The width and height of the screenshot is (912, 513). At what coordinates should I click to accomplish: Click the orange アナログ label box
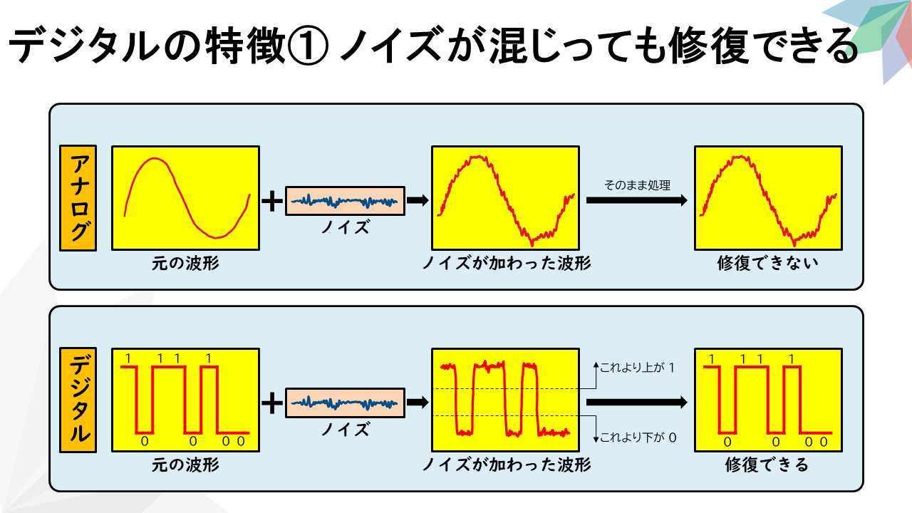tap(78, 198)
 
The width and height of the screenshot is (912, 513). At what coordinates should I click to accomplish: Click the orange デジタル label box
tap(78, 400)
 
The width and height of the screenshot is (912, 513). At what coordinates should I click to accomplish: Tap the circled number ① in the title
tap(308, 46)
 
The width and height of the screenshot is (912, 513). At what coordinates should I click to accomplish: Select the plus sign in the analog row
tap(272, 201)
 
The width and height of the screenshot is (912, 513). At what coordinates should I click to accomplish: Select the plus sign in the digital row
tap(272, 403)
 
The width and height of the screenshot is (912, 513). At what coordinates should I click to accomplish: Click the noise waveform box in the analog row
tap(345, 201)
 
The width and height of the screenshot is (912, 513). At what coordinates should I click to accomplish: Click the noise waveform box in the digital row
tap(345, 403)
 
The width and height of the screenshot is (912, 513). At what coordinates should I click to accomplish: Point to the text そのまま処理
tap(637, 185)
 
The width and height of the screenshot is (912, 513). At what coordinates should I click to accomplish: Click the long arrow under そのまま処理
tap(637, 200)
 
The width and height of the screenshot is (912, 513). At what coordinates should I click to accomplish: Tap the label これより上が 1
tap(638, 368)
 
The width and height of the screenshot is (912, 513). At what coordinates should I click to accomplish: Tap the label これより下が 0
tap(638, 437)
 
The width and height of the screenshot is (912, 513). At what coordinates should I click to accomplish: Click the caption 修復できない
tap(768, 263)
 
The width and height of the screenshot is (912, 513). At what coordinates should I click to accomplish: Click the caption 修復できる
tap(767, 465)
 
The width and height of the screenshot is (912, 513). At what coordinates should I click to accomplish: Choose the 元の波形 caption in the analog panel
tap(185, 263)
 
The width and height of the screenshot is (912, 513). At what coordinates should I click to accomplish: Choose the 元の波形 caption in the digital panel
tap(185, 465)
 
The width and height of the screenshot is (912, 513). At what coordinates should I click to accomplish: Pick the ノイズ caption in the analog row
tap(346, 227)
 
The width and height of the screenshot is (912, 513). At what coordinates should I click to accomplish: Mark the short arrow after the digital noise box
tap(418, 403)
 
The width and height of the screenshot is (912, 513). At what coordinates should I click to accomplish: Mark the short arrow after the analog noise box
tap(418, 200)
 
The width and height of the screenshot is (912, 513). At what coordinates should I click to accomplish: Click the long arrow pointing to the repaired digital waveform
tap(637, 403)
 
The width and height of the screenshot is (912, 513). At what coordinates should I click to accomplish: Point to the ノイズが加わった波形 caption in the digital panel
tap(506, 465)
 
